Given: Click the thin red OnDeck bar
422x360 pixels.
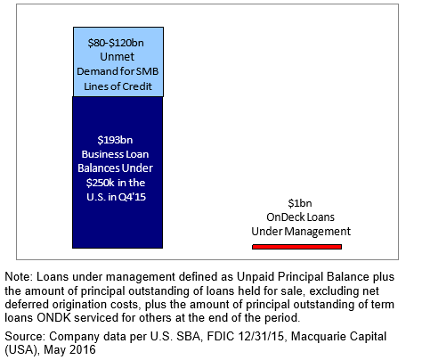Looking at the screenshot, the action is tap(296, 247).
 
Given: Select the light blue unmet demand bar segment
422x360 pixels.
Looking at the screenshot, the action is tap(118, 61).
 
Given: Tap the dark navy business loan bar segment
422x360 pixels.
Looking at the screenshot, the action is tap(118, 172).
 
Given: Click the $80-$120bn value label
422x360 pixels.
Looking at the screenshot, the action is tap(116, 43).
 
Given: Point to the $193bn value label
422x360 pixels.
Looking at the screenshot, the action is tap(115, 140).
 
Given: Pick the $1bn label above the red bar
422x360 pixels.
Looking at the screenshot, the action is tap(300, 203).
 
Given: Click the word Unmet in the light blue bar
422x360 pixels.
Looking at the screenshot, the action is tap(118, 57).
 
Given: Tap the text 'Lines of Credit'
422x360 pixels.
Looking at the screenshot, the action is tap(118, 86).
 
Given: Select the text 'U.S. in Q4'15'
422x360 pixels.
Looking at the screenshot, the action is tap(117, 197).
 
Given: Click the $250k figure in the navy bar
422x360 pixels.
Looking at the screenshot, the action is tap(100, 183).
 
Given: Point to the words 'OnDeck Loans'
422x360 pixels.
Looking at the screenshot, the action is tap(300, 217).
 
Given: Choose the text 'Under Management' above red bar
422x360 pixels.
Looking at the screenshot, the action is tap(301, 232).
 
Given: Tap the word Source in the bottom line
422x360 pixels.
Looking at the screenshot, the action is tap(25, 337).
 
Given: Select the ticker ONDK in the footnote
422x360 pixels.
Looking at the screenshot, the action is tap(53, 318).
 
